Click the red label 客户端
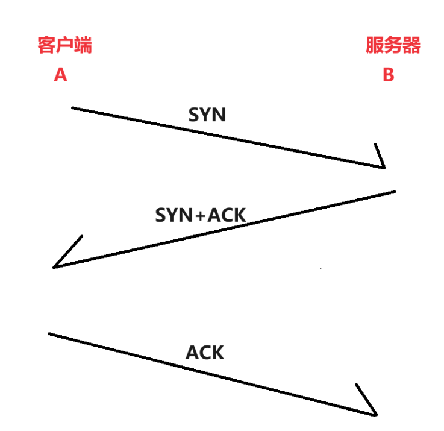point(65,46)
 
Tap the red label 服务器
point(393,46)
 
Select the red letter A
point(60,75)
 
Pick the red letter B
point(389,75)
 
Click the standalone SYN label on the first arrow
point(207,115)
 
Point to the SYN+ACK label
point(201,215)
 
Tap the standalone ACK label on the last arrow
point(204,353)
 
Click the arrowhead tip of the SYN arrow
point(384,168)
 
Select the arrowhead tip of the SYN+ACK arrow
point(54,267)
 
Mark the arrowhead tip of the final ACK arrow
point(375,415)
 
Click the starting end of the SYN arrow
point(72,108)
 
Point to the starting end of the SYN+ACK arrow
point(395,192)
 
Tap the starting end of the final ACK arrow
point(49,333)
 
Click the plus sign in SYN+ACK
point(199,216)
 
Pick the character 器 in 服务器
point(411,46)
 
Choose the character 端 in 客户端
point(83,46)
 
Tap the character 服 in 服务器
point(375,46)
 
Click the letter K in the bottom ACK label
point(217,353)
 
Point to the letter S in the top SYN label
point(194,115)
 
